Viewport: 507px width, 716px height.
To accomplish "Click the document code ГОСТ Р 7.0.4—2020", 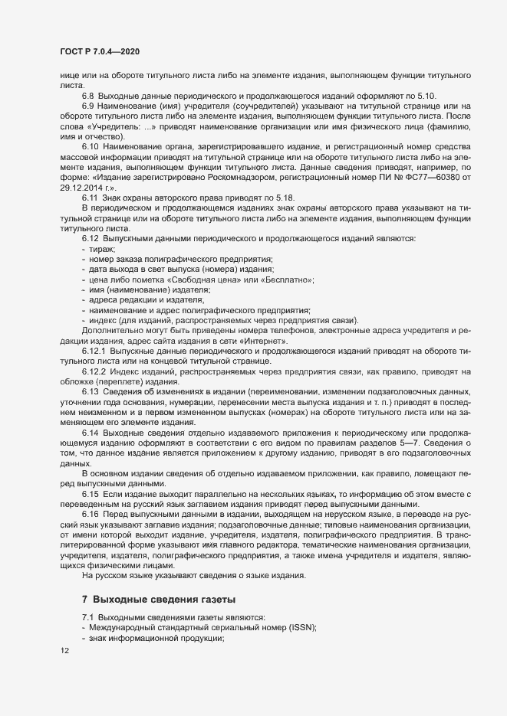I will tap(99, 51).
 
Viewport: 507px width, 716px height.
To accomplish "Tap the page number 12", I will tap(65, 652).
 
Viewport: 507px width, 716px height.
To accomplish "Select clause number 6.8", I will tap(88, 94).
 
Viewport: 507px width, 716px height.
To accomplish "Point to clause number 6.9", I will tap(88, 105).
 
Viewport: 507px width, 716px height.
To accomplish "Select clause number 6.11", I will tap(90, 199).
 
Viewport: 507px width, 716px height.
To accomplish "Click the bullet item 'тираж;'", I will tap(102, 250).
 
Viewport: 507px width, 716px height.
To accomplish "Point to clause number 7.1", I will tap(87, 617).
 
